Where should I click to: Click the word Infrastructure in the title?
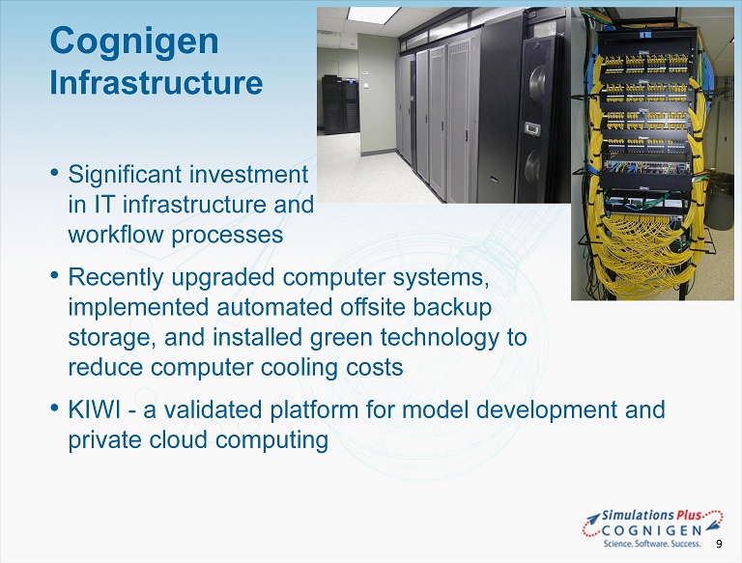(x=157, y=82)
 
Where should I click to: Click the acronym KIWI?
(x=95, y=409)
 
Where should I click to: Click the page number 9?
(x=719, y=544)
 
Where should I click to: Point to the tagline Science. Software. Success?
(x=651, y=544)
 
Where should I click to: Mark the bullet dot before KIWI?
(x=55, y=407)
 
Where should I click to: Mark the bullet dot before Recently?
(x=55, y=274)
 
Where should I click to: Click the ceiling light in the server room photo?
(x=373, y=14)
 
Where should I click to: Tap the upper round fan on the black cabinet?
(x=538, y=84)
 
